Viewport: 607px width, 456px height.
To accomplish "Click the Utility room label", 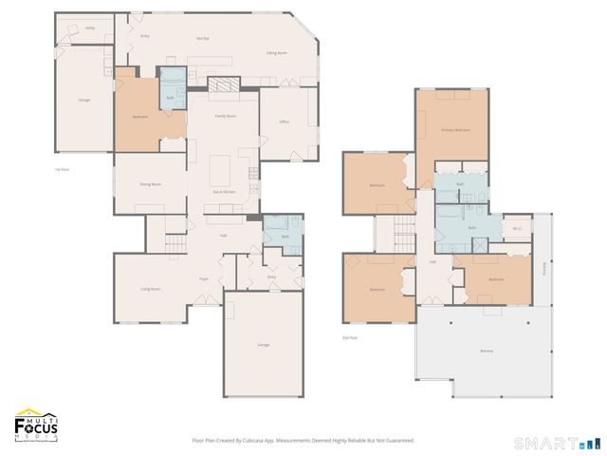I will coord(90,28).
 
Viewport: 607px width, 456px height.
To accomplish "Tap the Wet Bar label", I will coord(202,38).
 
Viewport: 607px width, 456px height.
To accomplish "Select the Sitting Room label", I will coord(276,54).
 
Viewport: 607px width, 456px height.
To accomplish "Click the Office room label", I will coord(284,122).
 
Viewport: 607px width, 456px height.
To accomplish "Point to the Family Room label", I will coord(225,114).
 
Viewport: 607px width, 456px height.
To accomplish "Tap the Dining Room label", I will coord(150,183).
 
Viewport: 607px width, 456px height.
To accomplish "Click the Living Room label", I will coord(150,288).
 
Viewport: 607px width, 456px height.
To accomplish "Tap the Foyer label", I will coord(203,278).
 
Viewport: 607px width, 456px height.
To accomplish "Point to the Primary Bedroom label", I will coord(456,129).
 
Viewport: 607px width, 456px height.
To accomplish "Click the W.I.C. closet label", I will coord(517,228).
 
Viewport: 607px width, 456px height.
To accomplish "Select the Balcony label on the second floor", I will coord(486,351).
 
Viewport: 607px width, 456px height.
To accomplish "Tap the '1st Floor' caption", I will coord(63,169).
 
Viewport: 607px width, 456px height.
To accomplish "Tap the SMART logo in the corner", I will coord(558,443).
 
